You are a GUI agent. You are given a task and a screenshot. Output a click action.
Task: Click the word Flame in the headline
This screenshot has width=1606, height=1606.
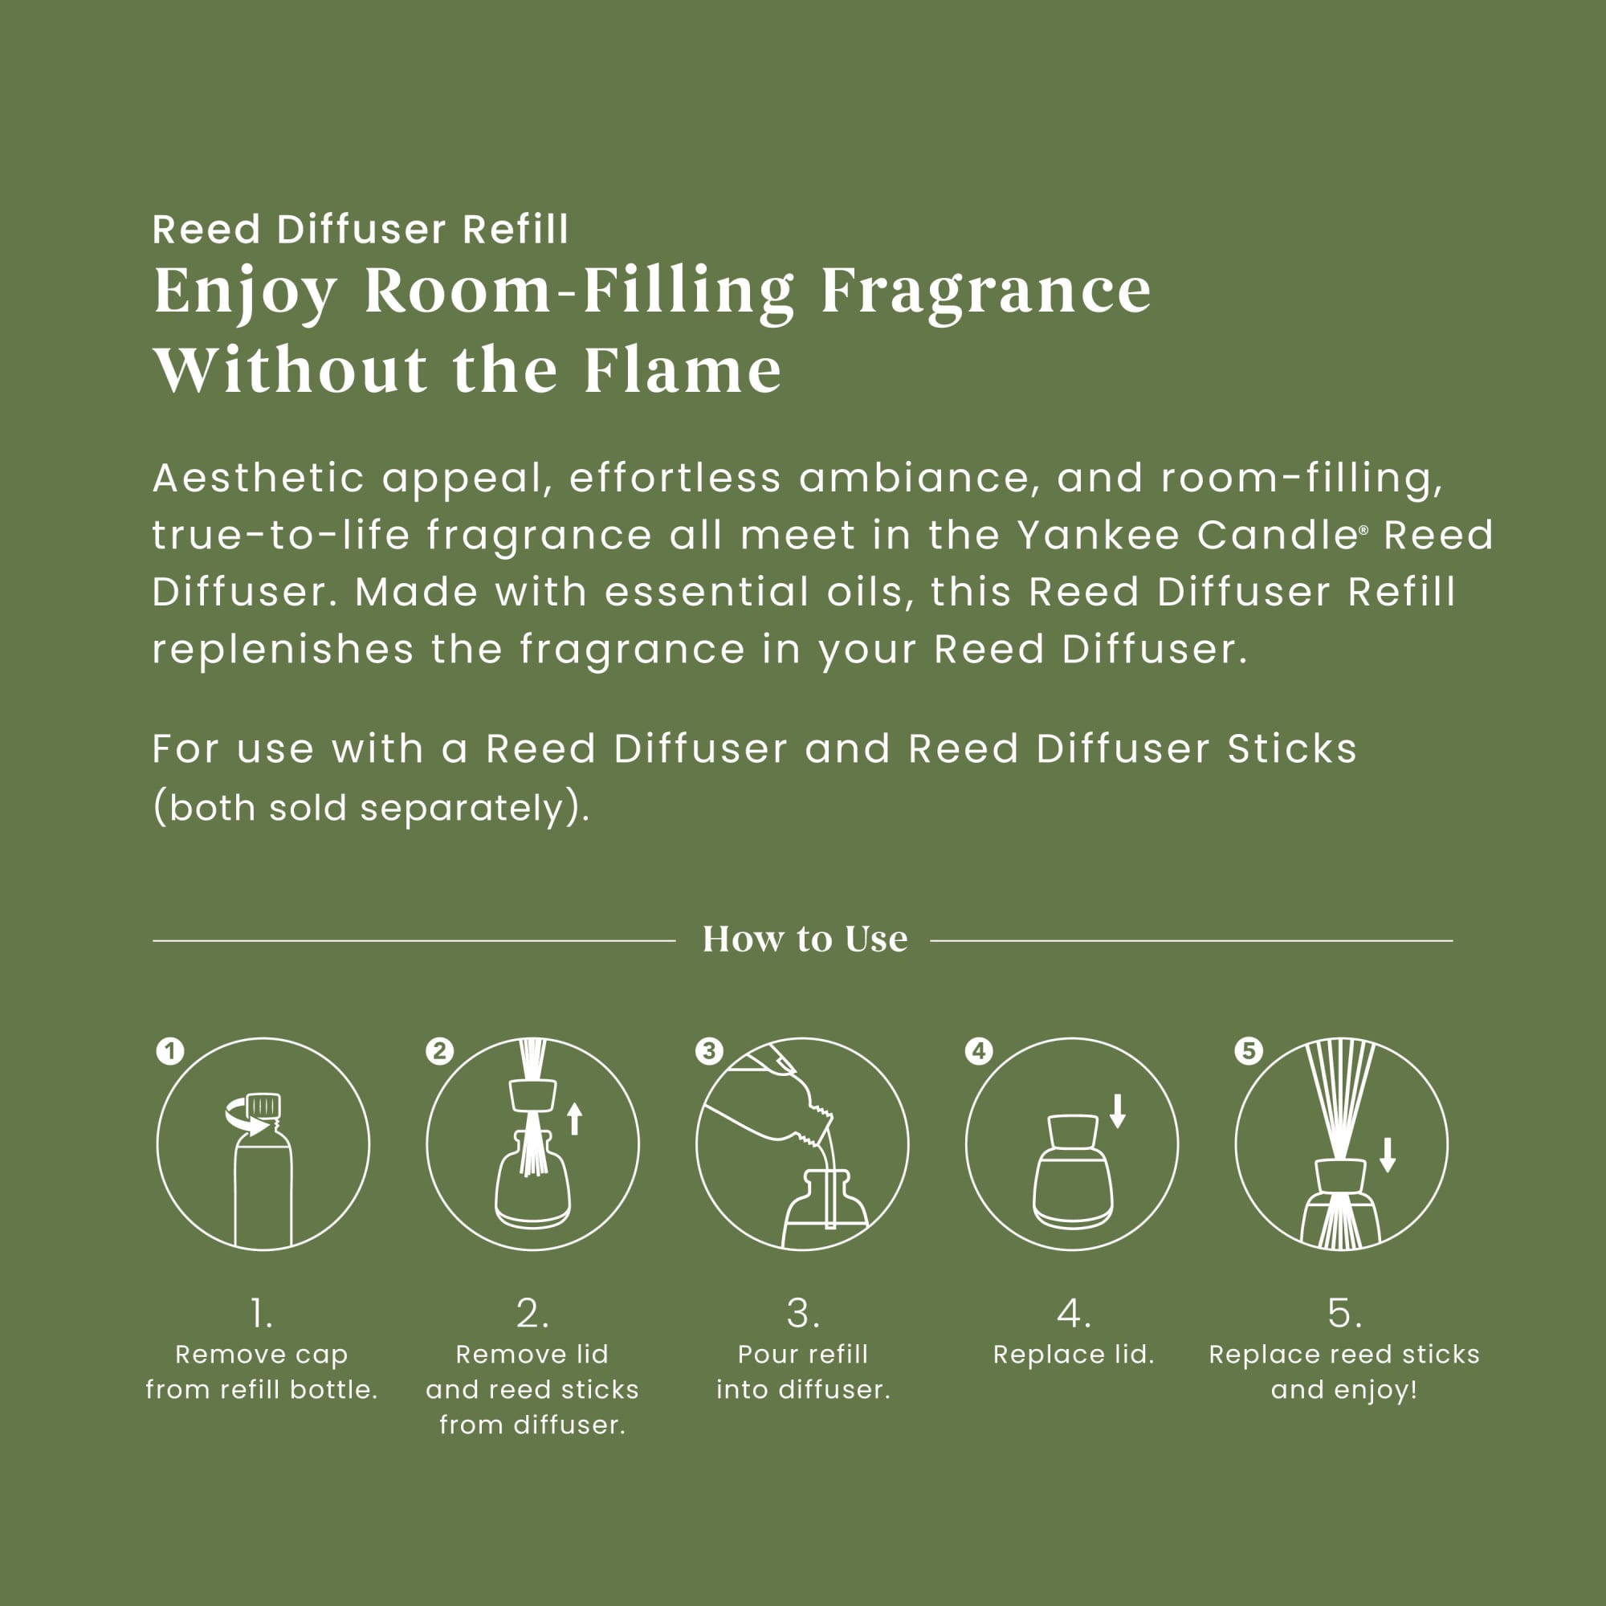(x=682, y=370)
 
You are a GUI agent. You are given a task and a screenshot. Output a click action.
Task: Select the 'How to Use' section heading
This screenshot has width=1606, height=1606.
(x=805, y=940)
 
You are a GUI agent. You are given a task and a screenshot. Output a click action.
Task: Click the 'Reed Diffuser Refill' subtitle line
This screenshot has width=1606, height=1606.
(x=361, y=230)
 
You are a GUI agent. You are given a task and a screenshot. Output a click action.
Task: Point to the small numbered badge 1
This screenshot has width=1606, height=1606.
(x=170, y=1050)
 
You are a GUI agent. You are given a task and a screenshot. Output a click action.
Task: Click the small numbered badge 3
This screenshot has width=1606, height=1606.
(x=709, y=1050)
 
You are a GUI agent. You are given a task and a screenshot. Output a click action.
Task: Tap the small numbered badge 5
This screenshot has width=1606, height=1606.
(x=1249, y=1050)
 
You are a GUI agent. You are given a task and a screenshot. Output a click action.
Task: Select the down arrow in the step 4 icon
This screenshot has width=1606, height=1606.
(x=1118, y=1111)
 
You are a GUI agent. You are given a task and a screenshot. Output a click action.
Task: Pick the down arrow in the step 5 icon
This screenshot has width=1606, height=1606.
(x=1388, y=1156)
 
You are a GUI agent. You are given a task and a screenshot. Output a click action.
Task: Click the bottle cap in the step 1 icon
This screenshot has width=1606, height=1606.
(x=263, y=1106)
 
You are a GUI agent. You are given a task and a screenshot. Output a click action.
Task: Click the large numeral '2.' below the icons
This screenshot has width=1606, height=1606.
(x=533, y=1314)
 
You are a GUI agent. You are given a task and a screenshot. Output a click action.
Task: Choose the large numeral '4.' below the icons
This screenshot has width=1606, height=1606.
(x=1074, y=1314)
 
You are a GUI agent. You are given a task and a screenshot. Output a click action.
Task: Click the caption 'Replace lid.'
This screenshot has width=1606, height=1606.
(x=1074, y=1355)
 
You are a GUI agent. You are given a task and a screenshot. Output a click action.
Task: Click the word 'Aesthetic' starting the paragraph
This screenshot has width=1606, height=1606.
(x=259, y=478)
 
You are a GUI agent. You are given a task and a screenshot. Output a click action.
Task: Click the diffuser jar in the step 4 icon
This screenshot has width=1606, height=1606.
(x=1073, y=1173)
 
